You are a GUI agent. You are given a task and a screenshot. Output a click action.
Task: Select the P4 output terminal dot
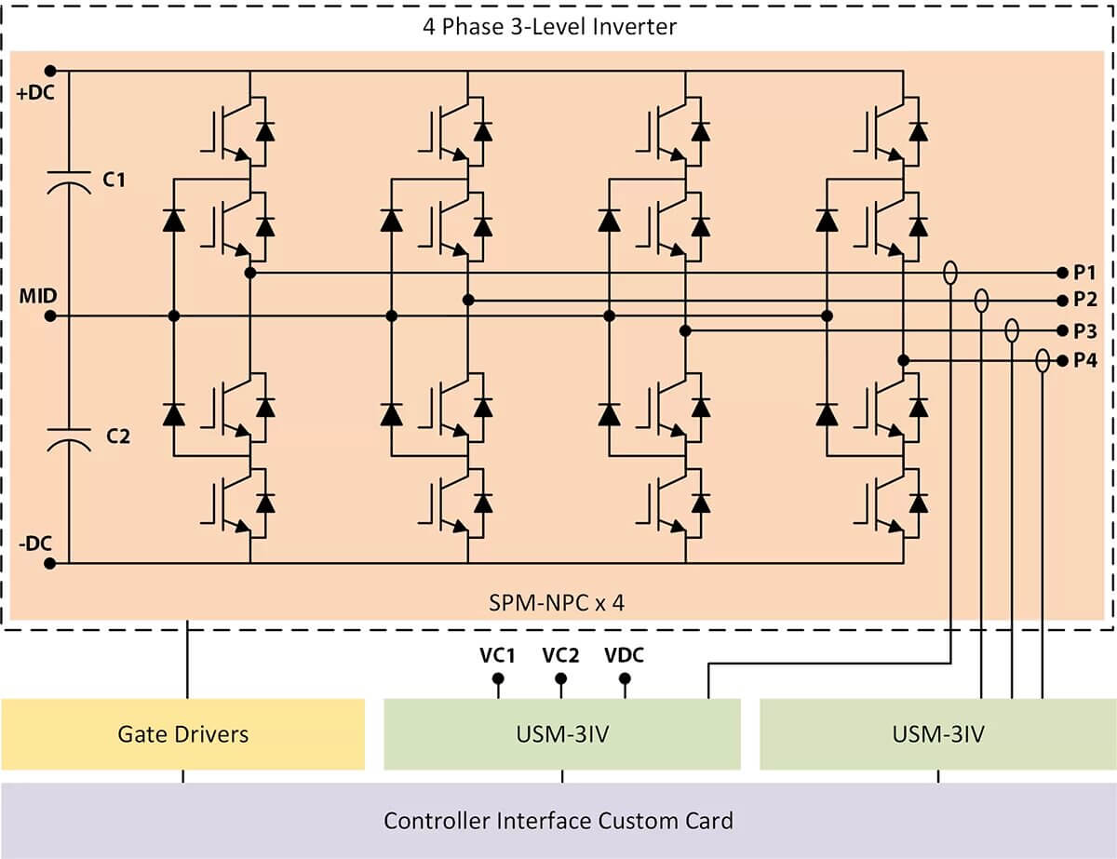point(1061,361)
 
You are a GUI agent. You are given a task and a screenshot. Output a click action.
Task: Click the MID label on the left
point(38,296)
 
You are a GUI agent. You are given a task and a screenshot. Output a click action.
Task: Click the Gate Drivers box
point(183,734)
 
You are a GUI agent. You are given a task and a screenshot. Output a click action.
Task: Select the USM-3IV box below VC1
point(562,734)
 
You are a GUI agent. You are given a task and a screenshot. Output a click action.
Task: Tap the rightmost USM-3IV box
point(937,734)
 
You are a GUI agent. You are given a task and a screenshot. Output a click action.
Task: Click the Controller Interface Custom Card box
point(558,821)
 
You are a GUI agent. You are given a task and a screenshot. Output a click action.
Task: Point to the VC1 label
point(498,655)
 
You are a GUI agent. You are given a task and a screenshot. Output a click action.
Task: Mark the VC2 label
point(560,655)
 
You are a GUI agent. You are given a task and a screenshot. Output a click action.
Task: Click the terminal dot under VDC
point(625,678)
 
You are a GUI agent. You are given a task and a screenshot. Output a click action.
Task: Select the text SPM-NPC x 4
point(557,602)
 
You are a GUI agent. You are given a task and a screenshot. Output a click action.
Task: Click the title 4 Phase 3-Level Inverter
point(549,27)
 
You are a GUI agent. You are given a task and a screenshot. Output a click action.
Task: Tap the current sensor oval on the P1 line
point(950,273)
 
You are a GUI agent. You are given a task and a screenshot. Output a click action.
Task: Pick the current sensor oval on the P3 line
point(1012,330)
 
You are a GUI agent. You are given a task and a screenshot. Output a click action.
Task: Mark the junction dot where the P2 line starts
point(468,300)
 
